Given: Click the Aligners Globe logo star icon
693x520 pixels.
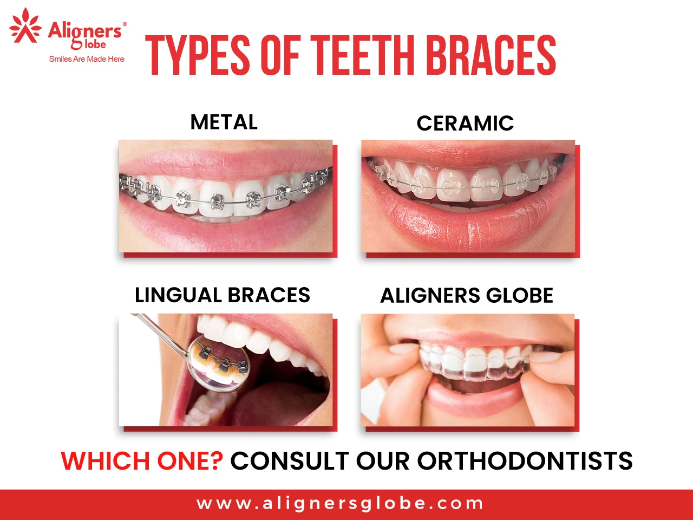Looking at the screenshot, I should point(25,26).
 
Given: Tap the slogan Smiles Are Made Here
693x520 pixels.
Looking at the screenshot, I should point(87,59).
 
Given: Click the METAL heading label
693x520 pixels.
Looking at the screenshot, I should point(224,122).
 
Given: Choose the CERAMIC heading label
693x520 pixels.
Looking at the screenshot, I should point(465,123).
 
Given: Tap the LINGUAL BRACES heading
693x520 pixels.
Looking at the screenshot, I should point(223,295).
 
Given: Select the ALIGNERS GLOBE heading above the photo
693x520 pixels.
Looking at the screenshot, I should point(467,296).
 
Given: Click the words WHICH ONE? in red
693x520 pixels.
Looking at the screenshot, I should point(142,461).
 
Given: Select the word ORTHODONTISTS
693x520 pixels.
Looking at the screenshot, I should point(525,461).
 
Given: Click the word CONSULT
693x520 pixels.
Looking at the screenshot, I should point(290,461).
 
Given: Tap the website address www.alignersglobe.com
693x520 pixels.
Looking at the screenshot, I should point(340,504).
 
